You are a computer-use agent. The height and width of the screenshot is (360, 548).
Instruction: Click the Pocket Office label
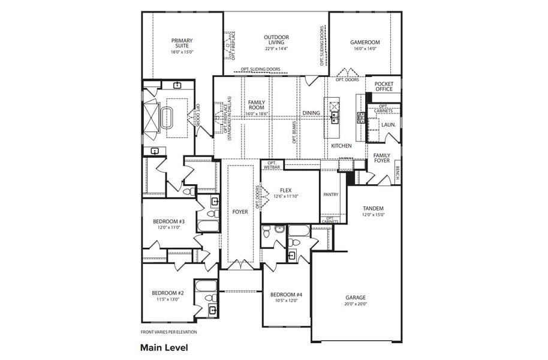point(383,86)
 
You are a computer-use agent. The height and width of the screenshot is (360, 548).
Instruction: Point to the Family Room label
point(257,106)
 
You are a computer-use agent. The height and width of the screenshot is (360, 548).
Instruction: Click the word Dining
point(311,113)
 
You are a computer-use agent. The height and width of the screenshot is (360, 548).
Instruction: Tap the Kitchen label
point(341,146)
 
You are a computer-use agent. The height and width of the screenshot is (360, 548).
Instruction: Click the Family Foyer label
point(382,157)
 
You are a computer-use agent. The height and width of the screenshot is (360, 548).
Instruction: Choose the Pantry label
point(330,194)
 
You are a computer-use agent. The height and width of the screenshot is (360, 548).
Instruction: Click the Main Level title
point(164,347)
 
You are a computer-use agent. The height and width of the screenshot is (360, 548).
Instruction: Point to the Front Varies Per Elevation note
point(168,332)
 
